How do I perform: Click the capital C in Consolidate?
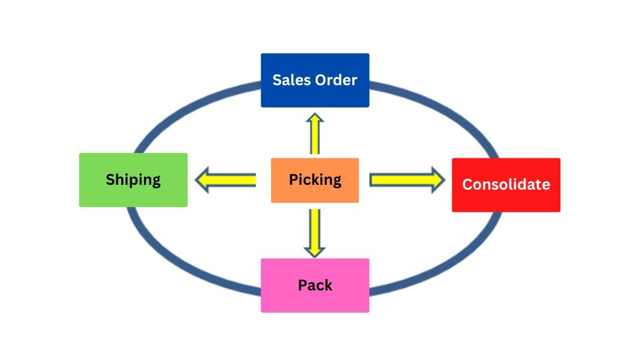467,184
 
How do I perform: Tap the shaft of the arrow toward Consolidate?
399,179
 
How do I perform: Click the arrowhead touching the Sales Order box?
315,117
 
